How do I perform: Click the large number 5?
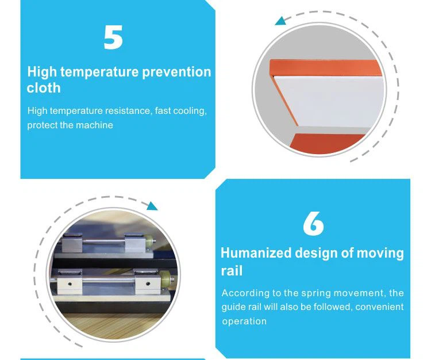pyautogui.click(x=113, y=37)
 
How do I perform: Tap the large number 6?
pyautogui.click(x=313, y=223)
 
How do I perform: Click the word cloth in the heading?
pyautogui.click(x=44, y=88)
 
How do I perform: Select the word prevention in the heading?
pyautogui.click(x=176, y=72)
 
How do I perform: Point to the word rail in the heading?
pyautogui.click(x=232, y=271)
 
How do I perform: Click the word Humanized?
pyautogui.click(x=256, y=252)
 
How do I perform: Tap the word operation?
pyautogui.click(x=244, y=321)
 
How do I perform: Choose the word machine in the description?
pyautogui.click(x=94, y=125)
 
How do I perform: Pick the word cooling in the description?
pyautogui.click(x=190, y=111)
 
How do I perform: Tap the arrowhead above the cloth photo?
pyautogui.click(x=281, y=21)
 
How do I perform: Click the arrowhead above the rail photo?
pyautogui.click(x=152, y=206)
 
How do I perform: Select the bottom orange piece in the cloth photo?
pyautogui.click(x=327, y=143)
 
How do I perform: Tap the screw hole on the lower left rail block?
pyautogui.click(x=70, y=284)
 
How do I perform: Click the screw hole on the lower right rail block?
pyautogui.click(x=148, y=284)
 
